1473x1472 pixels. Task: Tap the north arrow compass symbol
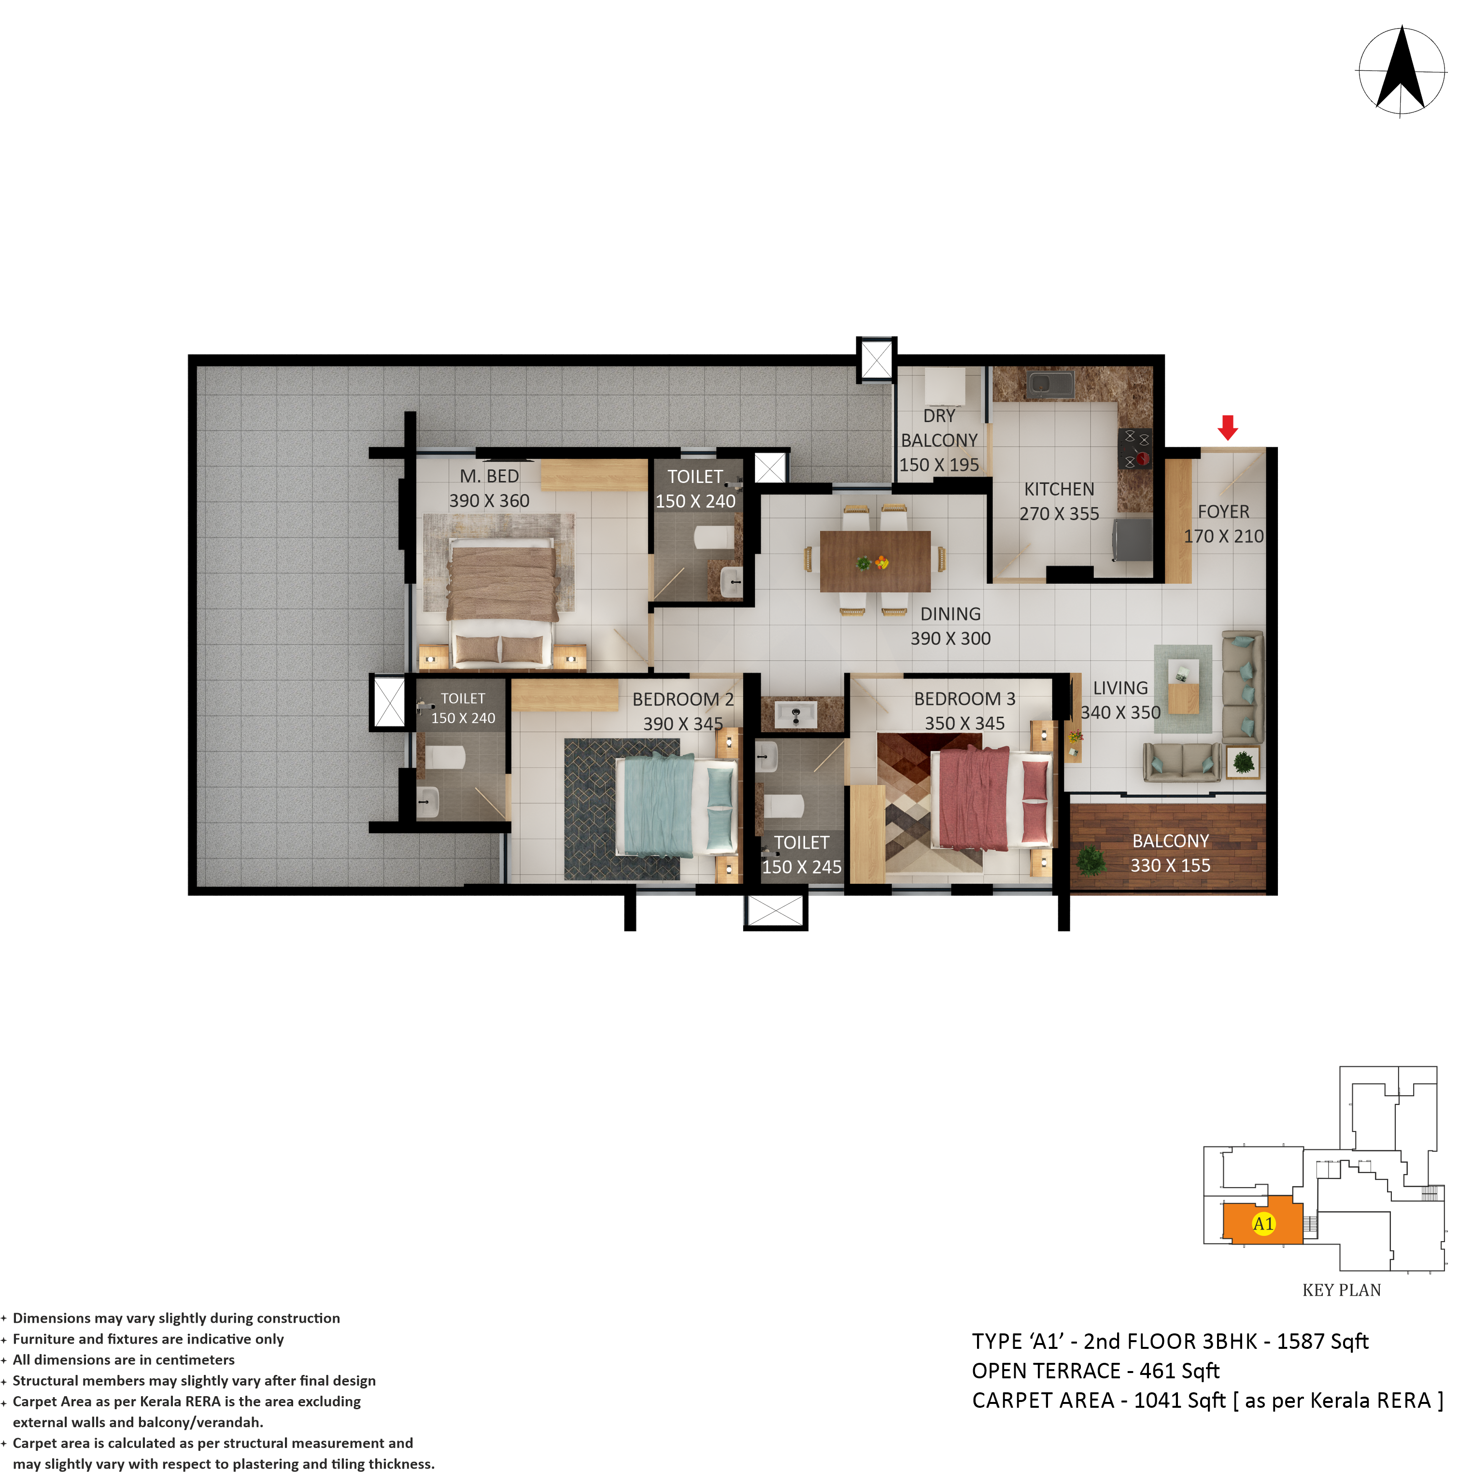[1402, 71]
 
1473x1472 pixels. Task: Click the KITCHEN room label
[1059, 489]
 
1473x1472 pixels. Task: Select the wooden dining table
[875, 561]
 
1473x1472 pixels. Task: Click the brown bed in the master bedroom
[502, 602]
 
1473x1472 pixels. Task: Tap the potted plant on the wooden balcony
[1091, 860]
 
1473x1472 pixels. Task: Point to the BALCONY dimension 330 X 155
[1170, 865]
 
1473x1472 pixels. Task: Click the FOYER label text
[1223, 511]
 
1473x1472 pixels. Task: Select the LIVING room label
[1120, 688]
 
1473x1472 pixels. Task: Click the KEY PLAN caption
[1341, 1290]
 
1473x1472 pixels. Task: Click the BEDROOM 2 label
[683, 699]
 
